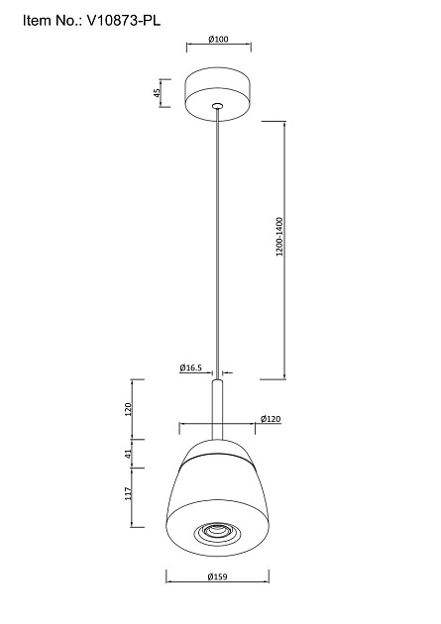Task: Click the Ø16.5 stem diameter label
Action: pyautogui.click(x=191, y=367)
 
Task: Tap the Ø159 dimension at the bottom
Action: pyautogui.click(x=219, y=603)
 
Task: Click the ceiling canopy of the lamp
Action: pyautogui.click(x=219, y=89)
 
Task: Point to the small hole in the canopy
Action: pyautogui.click(x=219, y=102)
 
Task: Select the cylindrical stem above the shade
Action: pyautogui.click(x=219, y=406)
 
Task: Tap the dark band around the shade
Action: pyautogui.click(x=219, y=459)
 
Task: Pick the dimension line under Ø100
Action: pyautogui.click(x=219, y=47)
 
